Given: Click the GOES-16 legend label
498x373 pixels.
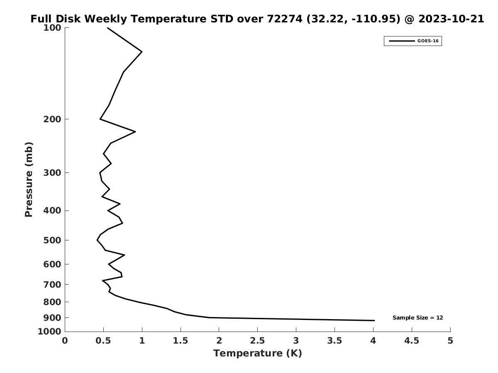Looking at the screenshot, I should [427, 41].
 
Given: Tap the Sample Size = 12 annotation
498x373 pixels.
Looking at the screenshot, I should [417, 318].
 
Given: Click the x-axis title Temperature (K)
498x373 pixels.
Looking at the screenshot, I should [257, 353].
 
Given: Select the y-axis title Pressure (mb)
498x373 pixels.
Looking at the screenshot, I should [29, 179].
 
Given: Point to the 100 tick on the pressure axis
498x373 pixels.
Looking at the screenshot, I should [53, 28].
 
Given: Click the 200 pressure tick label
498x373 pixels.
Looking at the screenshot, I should [53, 119].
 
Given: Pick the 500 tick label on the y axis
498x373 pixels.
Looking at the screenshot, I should [53, 240].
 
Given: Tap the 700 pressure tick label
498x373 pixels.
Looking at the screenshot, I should [53, 285].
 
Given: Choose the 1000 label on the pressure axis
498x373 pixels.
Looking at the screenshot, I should [50, 332].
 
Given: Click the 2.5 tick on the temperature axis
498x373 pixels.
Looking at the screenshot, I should [257, 341].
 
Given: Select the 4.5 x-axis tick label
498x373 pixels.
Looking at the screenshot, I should [412, 341].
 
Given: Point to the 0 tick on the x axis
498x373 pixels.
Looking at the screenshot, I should [65, 341].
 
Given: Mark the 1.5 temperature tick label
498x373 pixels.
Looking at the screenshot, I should [181, 341].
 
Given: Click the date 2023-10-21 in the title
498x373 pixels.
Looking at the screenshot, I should [451, 19].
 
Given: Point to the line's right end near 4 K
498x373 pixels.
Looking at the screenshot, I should [374, 320].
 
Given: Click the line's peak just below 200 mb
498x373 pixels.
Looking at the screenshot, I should [135, 132].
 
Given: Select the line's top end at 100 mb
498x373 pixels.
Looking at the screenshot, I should [107, 28].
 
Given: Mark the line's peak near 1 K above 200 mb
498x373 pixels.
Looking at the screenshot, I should [142, 52].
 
